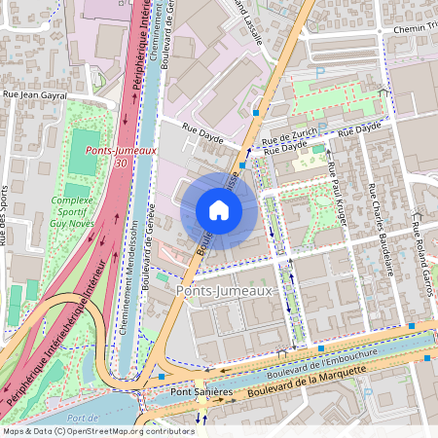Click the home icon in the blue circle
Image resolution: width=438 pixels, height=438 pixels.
coord(219,210)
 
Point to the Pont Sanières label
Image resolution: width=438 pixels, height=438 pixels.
coord(201,391)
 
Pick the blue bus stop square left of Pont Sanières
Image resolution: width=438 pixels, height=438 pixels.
coord(162,376)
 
